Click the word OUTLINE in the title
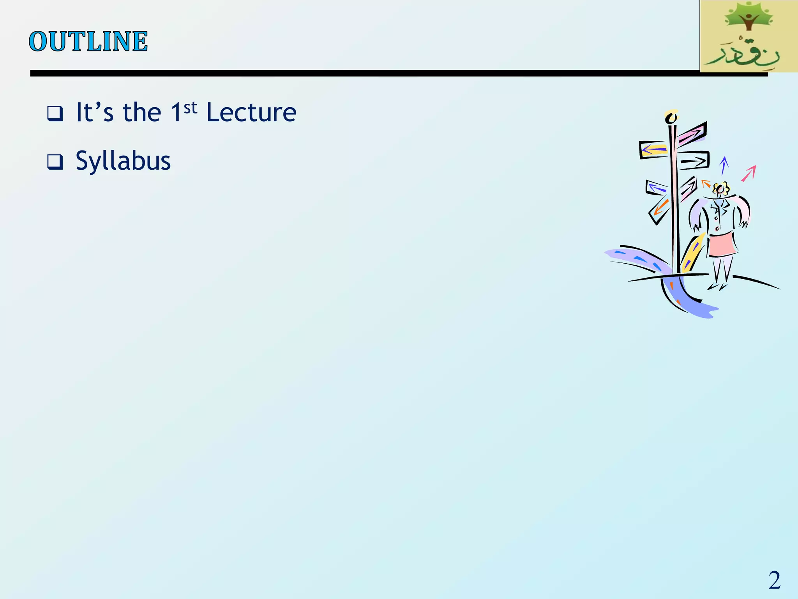pos(88,41)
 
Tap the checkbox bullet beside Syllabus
pos(55,162)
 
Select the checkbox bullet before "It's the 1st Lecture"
pos(55,113)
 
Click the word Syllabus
pos(123,161)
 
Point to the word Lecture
pos(251,113)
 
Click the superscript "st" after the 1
pos(191,108)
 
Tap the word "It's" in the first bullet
pos(95,113)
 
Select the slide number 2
pos(774,580)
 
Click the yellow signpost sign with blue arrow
pos(654,149)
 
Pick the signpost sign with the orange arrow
pos(660,209)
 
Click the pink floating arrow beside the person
pos(749,173)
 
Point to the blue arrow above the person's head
pos(724,165)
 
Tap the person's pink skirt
pos(722,244)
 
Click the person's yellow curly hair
pos(721,189)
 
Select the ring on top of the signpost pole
pos(671,117)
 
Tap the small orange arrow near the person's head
pos(706,183)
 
